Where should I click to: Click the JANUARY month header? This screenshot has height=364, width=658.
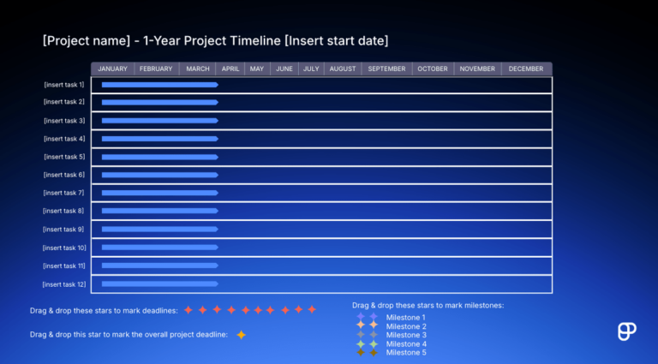(112, 69)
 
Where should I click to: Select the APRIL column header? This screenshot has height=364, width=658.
(230, 69)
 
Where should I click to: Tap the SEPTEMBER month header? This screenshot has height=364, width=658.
(386, 69)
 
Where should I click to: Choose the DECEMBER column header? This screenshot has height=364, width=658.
(525, 69)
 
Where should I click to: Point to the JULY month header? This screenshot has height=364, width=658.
(311, 69)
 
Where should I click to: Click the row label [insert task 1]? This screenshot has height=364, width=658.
(64, 85)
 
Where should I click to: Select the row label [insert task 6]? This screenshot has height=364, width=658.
(64, 175)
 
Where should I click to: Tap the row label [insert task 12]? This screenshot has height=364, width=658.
(63, 284)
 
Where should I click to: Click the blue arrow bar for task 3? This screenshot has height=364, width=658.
(159, 121)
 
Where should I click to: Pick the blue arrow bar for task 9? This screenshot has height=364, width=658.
(159, 230)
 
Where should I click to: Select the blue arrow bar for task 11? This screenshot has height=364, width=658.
(159, 266)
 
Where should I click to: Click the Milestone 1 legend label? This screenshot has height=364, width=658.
(406, 318)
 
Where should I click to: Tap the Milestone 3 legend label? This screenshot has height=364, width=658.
(406, 335)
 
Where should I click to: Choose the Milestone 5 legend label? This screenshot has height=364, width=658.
(406, 353)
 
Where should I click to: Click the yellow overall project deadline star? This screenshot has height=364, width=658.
(242, 335)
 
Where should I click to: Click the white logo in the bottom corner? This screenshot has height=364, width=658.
(626, 331)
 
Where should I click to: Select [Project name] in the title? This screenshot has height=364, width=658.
(81, 41)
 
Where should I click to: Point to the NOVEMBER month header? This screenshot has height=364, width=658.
(476, 69)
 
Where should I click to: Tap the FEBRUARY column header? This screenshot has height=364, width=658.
(156, 69)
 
